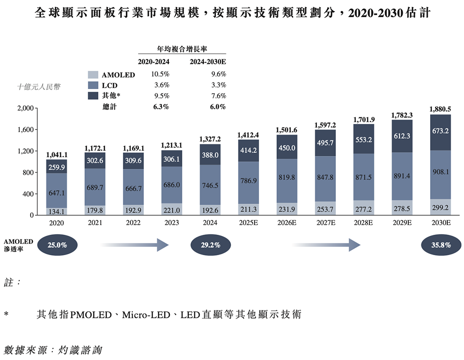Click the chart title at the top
coord(232,13)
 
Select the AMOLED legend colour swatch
coord(93,75)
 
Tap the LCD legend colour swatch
coord(93,85)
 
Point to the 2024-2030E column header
coord(207,62)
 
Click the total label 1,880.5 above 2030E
coord(440,109)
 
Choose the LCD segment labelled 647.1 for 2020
coord(56,191)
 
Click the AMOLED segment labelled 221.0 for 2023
coord(171,210)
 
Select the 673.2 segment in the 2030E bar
coord(440,131)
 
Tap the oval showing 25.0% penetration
coord(57,245)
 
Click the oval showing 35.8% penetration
coord(440,245)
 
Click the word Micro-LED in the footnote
coord(147,315)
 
